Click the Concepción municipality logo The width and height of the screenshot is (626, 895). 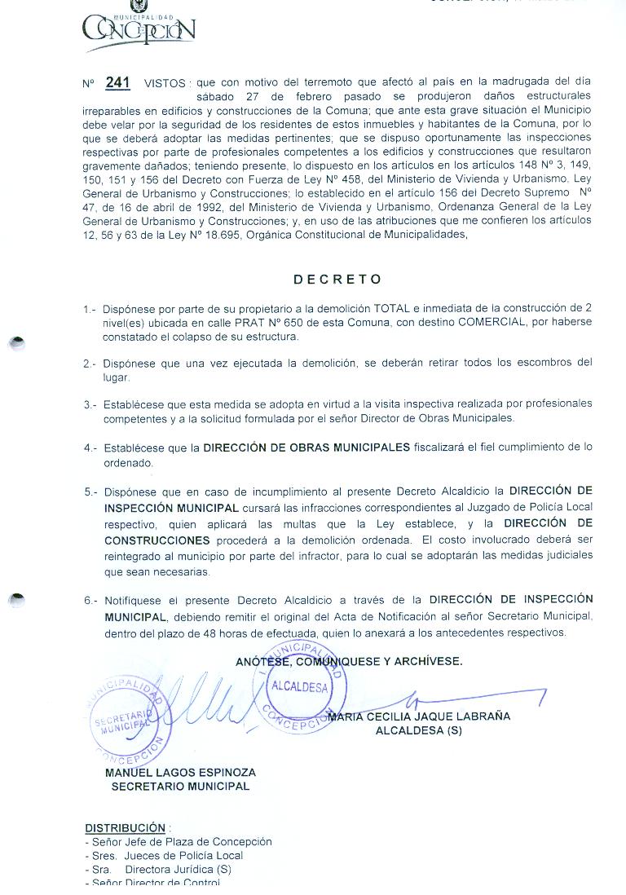coord(139,28)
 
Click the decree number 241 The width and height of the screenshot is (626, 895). coord(117,82)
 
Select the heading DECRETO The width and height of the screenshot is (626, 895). coord(337,279)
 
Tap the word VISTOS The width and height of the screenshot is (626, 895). coord(165,83)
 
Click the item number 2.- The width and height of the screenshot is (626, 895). coord(90,364)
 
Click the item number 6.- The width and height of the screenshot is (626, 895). coord(90,602)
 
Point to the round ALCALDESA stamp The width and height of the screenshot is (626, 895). coord(300,686)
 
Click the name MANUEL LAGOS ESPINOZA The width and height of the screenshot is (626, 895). coord(180,772)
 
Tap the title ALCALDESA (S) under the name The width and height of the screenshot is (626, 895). coord(418,730)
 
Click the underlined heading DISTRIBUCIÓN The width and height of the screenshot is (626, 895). coord(125,827)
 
